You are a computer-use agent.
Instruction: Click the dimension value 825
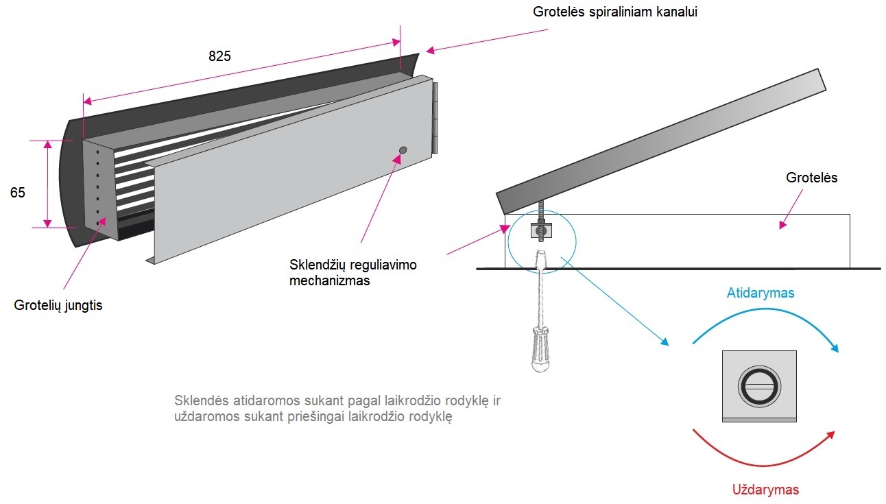tap(219, 57)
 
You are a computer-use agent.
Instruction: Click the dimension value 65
tap(18, 193)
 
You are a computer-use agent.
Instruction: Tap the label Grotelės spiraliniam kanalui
tap(615, 12)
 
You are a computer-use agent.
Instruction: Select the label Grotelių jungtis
tap(58, 305)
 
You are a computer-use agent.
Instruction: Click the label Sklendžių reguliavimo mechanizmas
tap(352, 272)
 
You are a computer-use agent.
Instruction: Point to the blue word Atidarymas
tap(760, 293)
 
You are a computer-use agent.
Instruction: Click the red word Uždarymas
tap(765, 490)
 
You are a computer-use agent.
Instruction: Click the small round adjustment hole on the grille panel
tap(403, 149)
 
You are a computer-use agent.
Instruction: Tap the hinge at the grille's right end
tap(435, 119)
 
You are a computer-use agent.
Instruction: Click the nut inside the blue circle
tap(540, 232)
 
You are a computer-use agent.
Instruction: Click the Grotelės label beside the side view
tap(811, 178)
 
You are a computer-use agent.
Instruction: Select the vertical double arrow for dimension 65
tap(47, 184)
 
